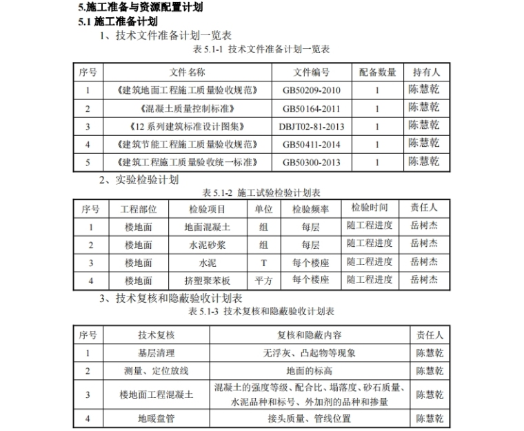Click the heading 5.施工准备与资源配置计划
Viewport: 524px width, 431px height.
tap(141, 8)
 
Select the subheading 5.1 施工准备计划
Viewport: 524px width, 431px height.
tap(115, 21)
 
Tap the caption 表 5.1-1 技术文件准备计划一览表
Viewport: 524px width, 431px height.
tap(261, 49)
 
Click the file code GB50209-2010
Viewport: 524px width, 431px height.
tap(311, 90)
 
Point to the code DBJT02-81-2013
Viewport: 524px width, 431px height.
tap(311, 126)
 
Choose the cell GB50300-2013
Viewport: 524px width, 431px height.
tap(311, 162)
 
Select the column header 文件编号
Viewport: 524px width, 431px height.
tap(311, 72)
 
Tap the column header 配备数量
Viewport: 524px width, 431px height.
tap(377, 72)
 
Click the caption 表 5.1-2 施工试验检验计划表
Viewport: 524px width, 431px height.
tap(261, 193)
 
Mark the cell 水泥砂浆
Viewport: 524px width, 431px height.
tap(208, 245)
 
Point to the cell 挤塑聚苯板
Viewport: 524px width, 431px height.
tap(208, 281)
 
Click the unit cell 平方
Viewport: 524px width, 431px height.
tap(263, 281)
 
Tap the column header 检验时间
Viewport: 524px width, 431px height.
tap(370, 208)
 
